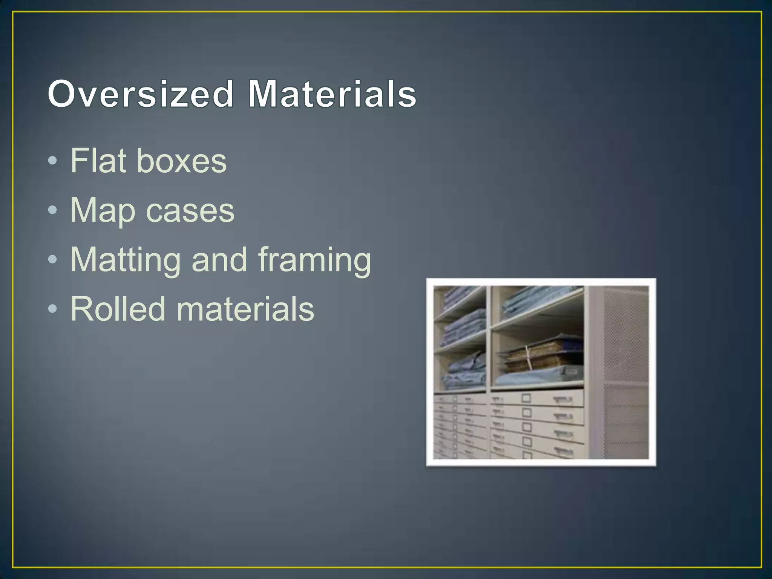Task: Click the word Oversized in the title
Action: (x=141, y=94)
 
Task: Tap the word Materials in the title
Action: (x=332, y=94)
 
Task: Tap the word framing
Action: (x=314, y=260)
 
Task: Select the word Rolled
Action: (x=118, y=309)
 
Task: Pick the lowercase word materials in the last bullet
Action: (x=245, y=309)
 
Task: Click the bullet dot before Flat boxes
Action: (x=53, y=161)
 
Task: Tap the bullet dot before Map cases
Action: (x=53, y=210)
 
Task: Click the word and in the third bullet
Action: (x=219, y=260)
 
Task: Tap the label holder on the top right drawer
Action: (x=526, y=398)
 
